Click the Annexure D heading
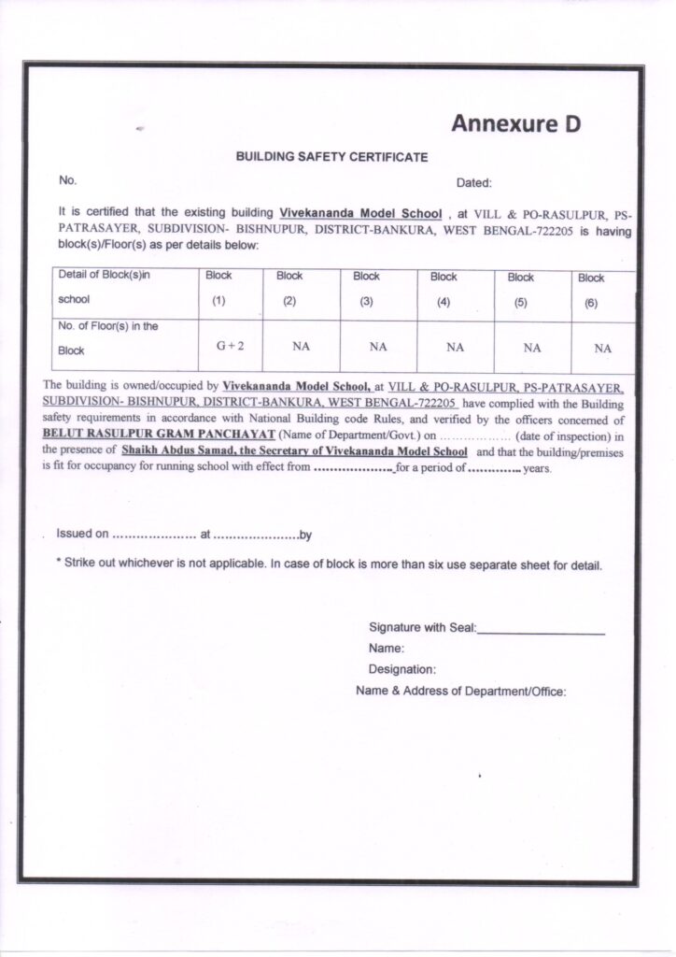click(x=515, y=123)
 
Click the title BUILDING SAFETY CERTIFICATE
click(x=331, y=158)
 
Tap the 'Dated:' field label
click(x=473, y=183)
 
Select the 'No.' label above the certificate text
click(x=67, y=179)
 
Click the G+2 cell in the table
click(x=231, y=347)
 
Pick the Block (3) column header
click(x=366, y=289)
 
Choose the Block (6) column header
click(x=591, y=290)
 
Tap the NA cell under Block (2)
click(x=301, y=347)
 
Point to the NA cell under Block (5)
click(x=532, y=348)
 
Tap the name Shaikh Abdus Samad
click(x=176, y=450)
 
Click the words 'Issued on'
click(x=82, y=534)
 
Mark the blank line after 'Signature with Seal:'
click(x=542, y=633)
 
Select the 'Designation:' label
click(x=402, y=669)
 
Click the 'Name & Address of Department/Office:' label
click(x=461, y=692)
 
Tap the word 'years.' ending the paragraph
click(x=538, y=469)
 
